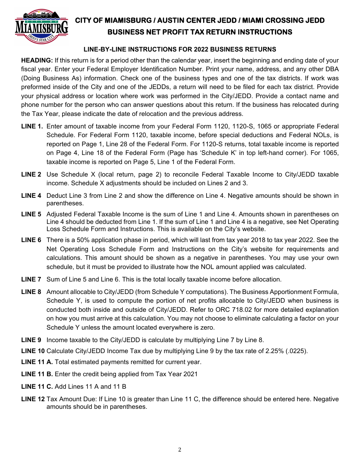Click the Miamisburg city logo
tap(41, 26)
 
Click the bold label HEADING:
tap(37, 61)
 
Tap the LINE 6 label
tap(31, 240)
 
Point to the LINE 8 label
tap(31, 292)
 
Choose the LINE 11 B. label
tap(37, 374)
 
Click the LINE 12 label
tap(33, 399)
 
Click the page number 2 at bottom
tap(180, 450)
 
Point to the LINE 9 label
tap(31, 340)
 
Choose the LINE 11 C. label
tap(37, 387)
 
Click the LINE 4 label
tap(31, 196)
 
